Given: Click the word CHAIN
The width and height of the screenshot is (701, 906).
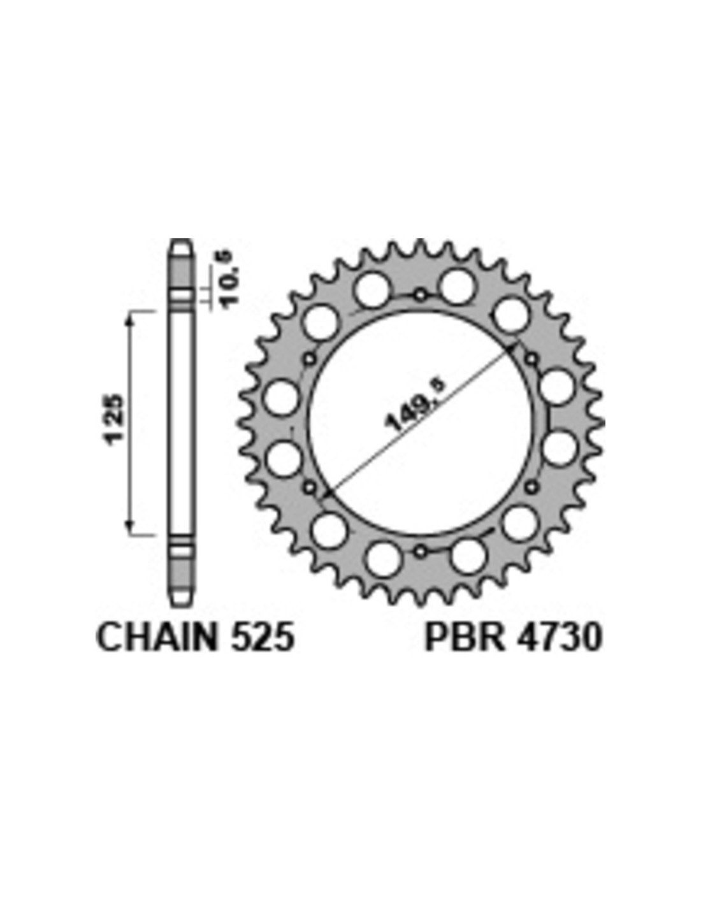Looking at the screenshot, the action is tap(157, 636).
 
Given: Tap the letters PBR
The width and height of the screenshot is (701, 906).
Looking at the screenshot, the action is tap(465, 636).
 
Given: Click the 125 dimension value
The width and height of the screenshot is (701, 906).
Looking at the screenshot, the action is tap(113, 419).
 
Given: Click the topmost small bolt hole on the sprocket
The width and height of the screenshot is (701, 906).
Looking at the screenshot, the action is tap(421, 295).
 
